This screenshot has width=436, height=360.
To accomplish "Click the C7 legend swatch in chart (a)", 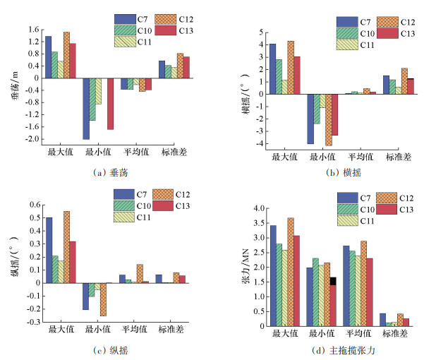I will click(123, 18).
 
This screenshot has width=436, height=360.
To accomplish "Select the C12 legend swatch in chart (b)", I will click(385, 22).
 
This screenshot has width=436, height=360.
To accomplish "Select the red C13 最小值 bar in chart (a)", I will click(109, 103).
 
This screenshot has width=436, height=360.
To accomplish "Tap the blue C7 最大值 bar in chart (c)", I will click(49, 250).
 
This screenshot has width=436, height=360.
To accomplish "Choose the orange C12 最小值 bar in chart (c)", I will click(102, 299).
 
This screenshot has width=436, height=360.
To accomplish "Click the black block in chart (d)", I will click(333, 280).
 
